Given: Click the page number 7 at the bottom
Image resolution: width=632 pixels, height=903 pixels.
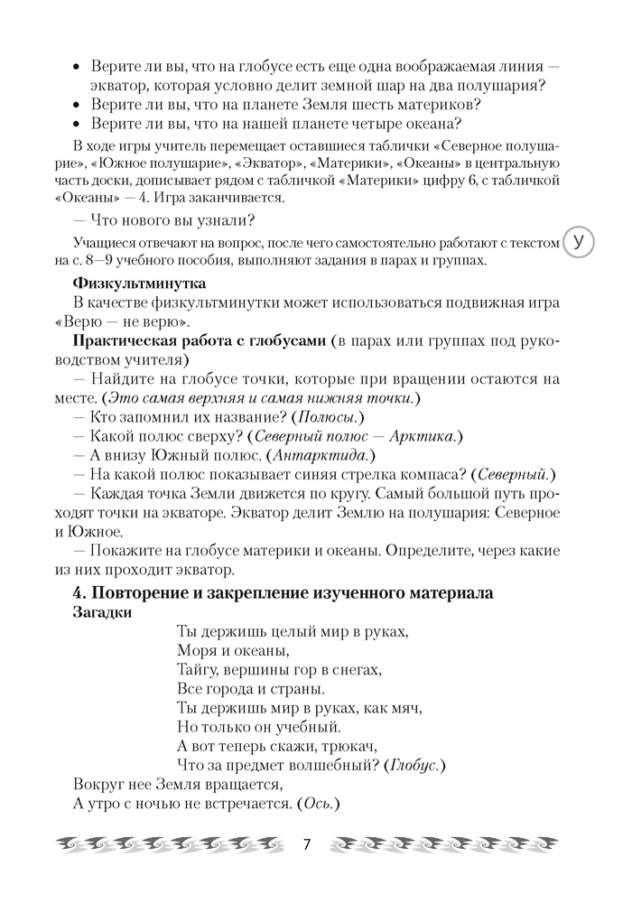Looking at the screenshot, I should tap(307, 845).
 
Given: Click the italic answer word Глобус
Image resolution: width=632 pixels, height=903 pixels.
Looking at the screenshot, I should tap(416, 765).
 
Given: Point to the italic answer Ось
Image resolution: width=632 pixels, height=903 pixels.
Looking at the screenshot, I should tap(317, 805).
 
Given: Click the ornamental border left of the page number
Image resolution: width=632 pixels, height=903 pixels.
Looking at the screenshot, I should tap(172, 846).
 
